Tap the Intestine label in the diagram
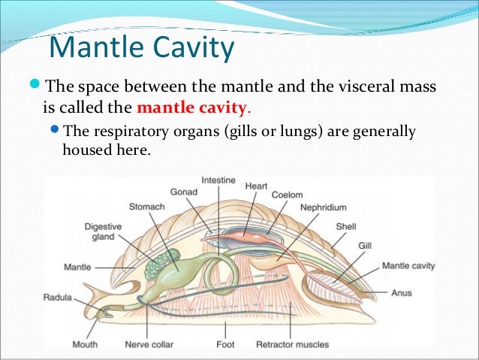tap(218, 181)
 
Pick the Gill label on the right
tap(365, 245)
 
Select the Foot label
tap(224, 345)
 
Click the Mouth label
tap(85, 345)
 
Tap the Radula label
tap(57, 298)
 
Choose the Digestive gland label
tap(98, 230)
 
